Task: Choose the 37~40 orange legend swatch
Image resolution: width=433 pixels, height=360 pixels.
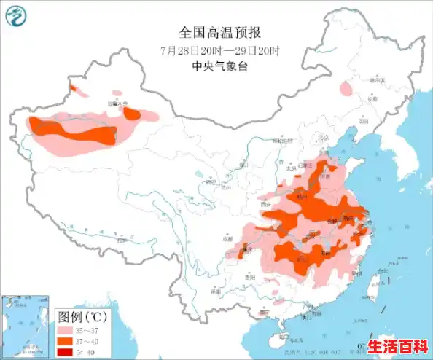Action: tap(67, 341)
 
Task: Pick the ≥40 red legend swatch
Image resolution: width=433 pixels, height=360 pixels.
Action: tap(67, 352)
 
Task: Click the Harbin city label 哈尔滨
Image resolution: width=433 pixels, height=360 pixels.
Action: tap(377, 79)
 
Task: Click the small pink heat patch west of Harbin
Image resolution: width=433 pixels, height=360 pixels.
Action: tap(345, 88)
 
